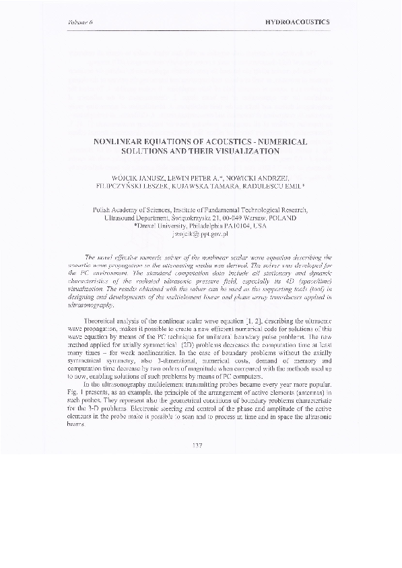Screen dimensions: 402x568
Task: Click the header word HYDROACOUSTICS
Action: [x=298, y=22]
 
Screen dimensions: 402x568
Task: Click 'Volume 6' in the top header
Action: [x=80, y=22]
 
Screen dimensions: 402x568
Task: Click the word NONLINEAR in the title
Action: [x=125, y=142]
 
